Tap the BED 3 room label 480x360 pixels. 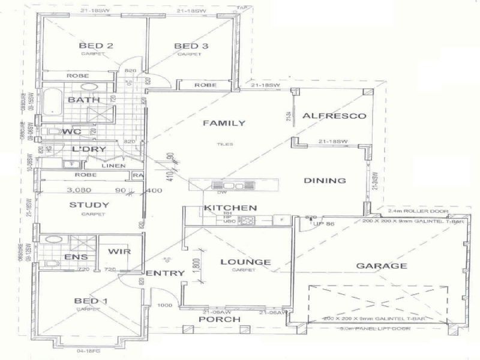click(186, 46)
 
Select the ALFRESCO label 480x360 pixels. click(334, 116)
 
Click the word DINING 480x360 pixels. click(325, 181)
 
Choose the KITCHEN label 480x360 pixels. click(231, 208)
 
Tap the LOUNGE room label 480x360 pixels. click(245, 262)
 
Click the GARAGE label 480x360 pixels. click(382, 266)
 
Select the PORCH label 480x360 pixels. click(219, 319)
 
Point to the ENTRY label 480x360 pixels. click(165, 273)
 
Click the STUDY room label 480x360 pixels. click(89, 205)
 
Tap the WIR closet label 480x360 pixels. click(121, 252)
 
